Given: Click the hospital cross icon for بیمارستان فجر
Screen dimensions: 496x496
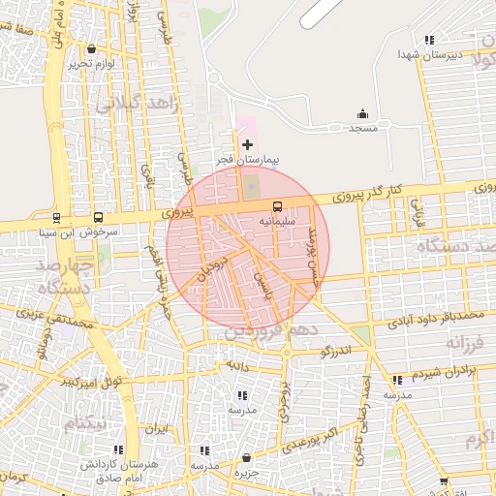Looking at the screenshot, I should [x=248, y=143].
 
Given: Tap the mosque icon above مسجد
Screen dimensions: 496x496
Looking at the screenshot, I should [x=363, y=113].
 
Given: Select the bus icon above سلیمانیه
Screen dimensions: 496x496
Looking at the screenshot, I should [x=278, y=206].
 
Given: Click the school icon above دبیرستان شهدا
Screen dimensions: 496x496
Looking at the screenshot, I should [x=428, y=41].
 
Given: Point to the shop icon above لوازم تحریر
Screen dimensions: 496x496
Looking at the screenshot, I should [x=91, y=48].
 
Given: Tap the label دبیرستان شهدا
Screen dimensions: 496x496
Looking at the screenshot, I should [x=426, y=55].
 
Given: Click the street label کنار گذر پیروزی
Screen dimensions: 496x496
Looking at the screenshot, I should [x=345, y=195].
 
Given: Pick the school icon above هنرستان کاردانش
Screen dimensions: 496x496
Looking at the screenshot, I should [x=118, y=449].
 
